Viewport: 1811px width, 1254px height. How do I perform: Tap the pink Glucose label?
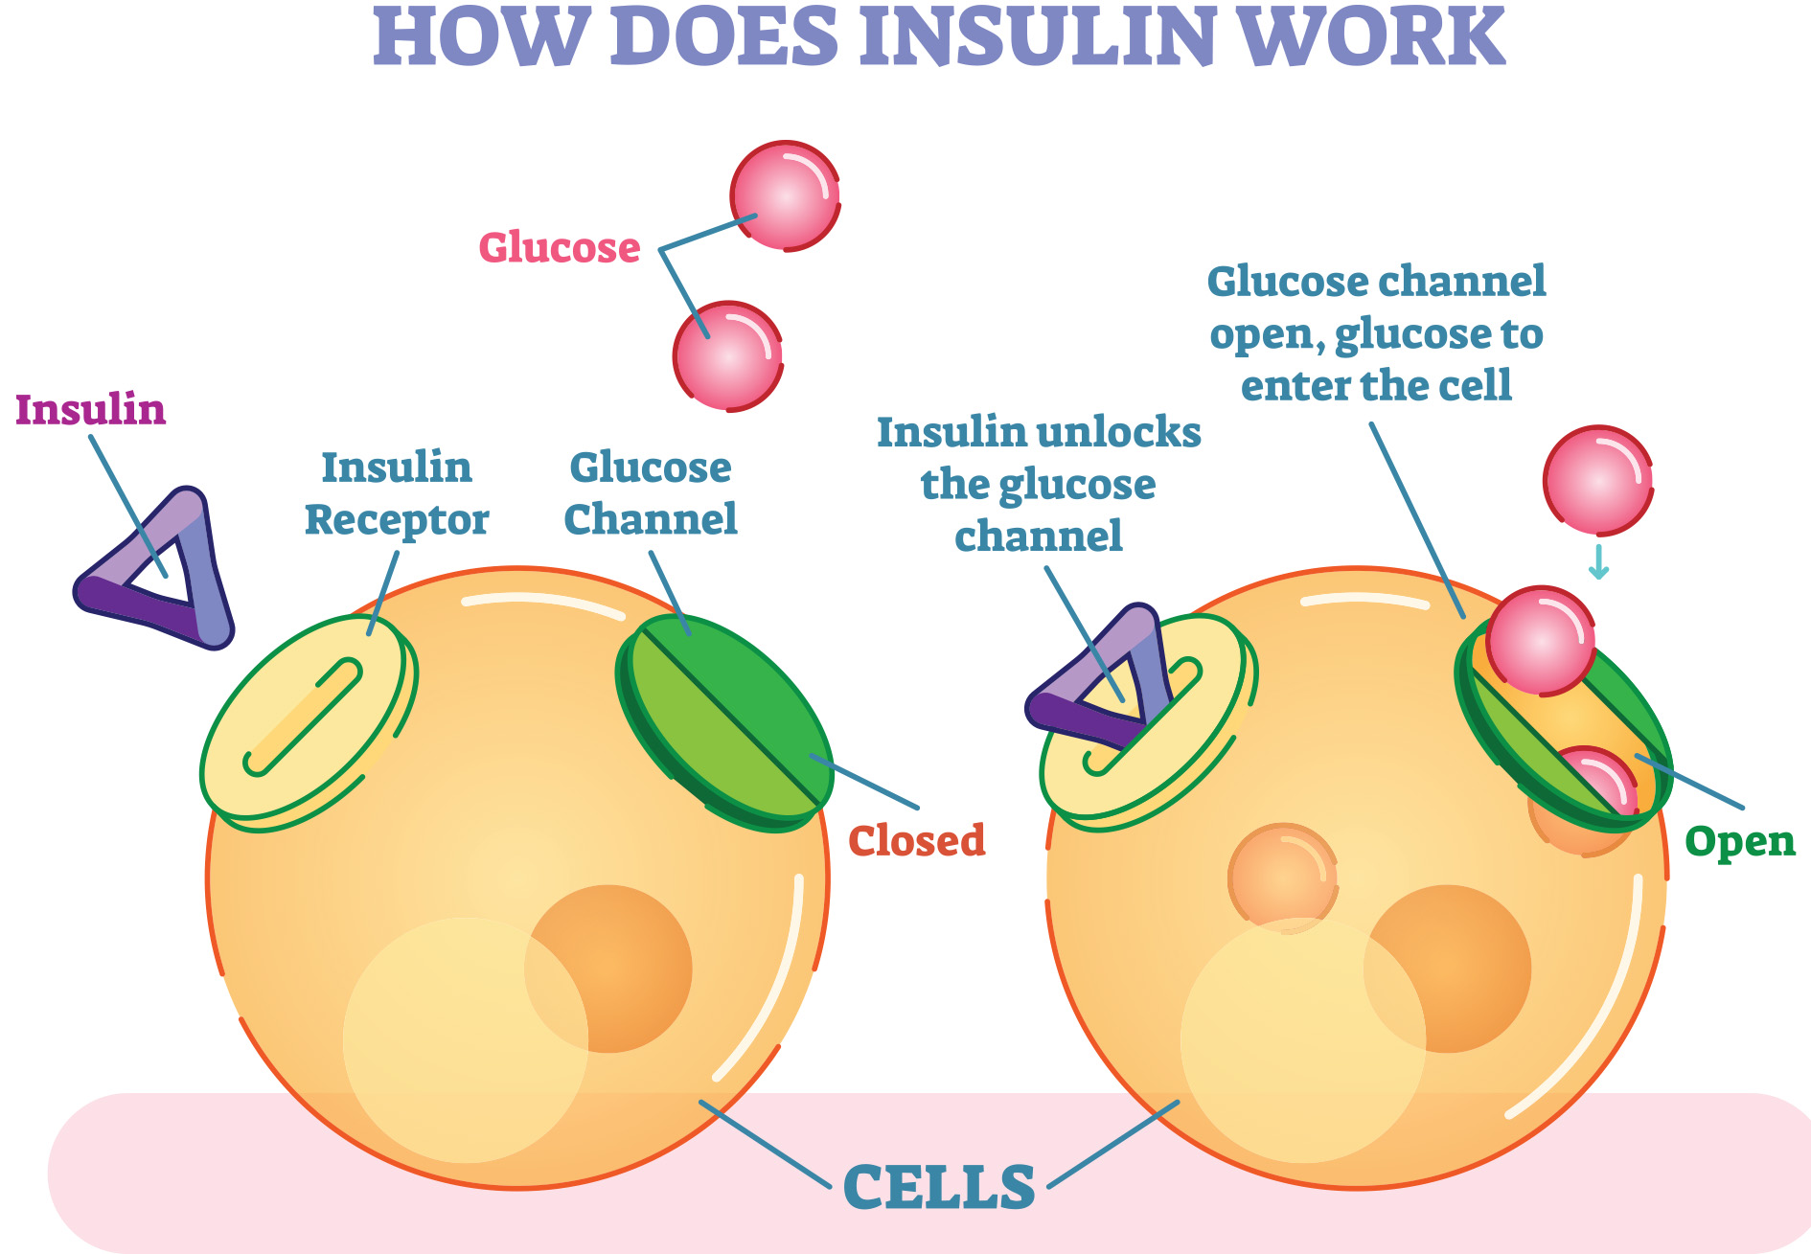560,247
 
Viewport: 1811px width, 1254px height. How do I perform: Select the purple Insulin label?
90,409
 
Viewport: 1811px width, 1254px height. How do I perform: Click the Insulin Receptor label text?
397,493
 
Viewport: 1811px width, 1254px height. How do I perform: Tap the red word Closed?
916,840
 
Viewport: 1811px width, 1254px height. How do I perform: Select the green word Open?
1739,841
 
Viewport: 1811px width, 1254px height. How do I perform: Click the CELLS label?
939,1187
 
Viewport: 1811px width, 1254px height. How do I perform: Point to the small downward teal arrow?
1597,562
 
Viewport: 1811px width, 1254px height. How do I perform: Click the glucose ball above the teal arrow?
1597,480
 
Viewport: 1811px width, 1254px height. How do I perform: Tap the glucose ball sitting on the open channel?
1540,640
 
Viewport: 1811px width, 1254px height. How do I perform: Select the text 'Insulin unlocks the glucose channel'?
1039,484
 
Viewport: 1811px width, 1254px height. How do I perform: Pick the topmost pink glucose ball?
785,195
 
